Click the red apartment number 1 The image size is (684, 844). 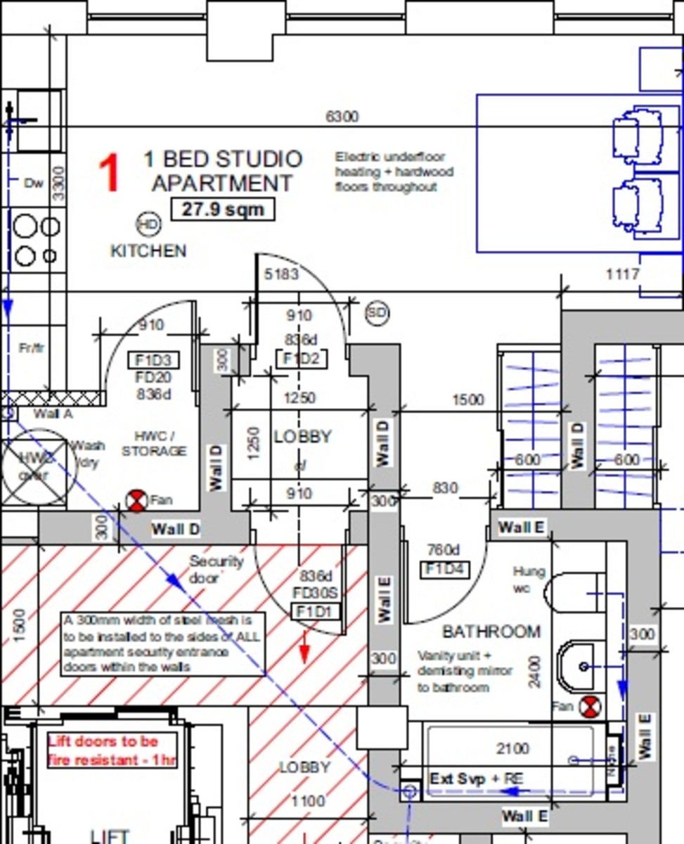[x=108, y=174]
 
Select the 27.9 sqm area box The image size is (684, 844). [x=223, y=209]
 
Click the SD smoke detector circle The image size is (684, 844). [x=378, y=313]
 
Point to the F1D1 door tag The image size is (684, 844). [x=314, y=612]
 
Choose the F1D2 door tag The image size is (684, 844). [x=301, y=359]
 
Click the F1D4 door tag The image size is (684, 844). [x=444, y=569]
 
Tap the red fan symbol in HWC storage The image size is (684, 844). [x=136, y=501]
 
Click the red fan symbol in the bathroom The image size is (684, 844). [x=591, y=706]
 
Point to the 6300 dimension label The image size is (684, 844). [x=342, y=117]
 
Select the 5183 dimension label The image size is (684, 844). [x=281, y=274]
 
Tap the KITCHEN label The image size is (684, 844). [x=148, y=251]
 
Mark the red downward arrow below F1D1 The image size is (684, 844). [x=304, y=648]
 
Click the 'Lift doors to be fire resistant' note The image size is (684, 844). [x=112, y=750]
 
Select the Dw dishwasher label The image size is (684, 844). [x=34, y=183]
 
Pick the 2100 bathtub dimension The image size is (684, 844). [x=512, y=748]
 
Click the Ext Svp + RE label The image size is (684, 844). [x=476, y=779]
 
